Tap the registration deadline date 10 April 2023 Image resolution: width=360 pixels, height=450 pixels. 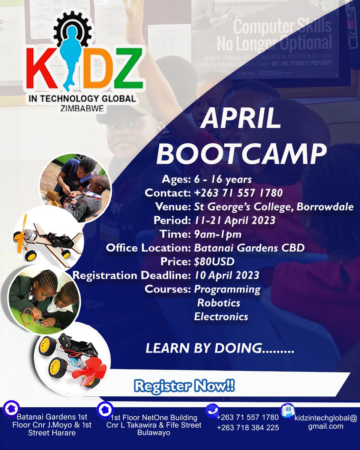(x=226, y=275)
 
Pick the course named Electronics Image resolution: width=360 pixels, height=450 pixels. (x=221, y=316)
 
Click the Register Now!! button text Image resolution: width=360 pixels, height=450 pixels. (x=184, y=386)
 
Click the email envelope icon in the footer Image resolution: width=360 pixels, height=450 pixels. (x=288, y=409)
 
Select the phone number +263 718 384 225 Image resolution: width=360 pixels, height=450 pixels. (x=247, y=427)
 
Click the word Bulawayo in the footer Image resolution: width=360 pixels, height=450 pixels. (x=154, y=433)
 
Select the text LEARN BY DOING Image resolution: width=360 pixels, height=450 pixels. (x=219, y=348)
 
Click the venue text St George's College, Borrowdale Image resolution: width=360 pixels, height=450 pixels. (x=274, y=207)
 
